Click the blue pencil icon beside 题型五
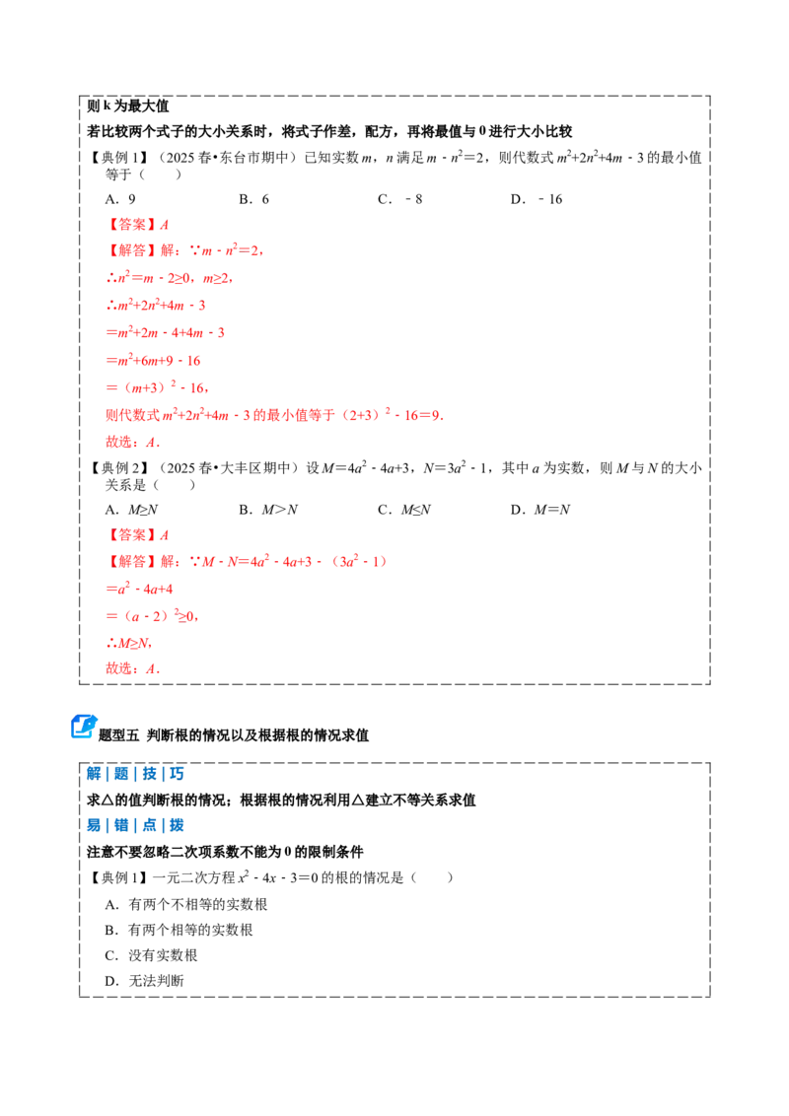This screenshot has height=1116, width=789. tap(84, 726)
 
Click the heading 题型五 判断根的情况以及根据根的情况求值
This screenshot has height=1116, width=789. tap(234, 735)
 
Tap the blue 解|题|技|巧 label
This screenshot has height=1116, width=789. tap(135, 774)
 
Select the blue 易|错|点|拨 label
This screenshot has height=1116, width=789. tap(135, 825)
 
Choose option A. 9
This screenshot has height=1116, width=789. tap(120, 199)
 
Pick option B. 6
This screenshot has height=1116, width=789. tap(254, 199)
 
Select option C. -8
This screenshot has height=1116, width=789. tap(400, 199)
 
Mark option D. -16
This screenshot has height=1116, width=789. tap(537, 199)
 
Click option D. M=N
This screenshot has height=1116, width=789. tap(540, 510)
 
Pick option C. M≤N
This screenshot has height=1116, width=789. tap(404, 510)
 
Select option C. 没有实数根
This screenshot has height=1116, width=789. tap(151, 955)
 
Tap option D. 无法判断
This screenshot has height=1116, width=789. tap(145, 981)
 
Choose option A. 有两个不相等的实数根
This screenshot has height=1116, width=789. tap(185, 904)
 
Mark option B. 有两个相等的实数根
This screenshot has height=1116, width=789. tap(179, 930)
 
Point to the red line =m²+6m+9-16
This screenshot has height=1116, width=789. tap(153, 360)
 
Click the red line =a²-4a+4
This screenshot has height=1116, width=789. tap(139, 589)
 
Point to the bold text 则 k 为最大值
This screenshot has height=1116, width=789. tap(127, 106)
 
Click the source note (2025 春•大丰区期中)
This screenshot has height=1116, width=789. tap(227, 467)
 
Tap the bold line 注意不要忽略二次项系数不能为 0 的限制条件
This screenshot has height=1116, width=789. tap(225, 851)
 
